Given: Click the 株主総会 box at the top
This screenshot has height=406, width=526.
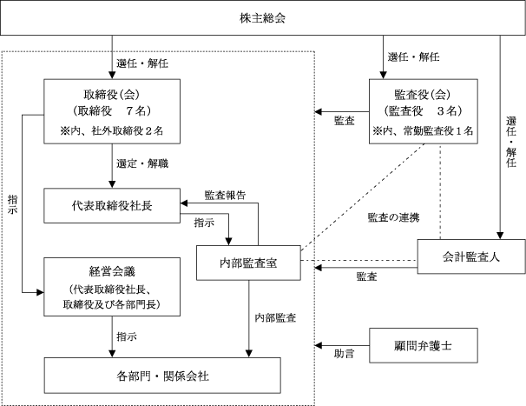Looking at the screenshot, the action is click(263, 17).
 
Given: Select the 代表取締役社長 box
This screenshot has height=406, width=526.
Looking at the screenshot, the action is click(112, 206).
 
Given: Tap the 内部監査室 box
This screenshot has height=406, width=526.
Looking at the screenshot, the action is click(248, 263).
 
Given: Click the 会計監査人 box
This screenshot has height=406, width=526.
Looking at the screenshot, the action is click(471, 256).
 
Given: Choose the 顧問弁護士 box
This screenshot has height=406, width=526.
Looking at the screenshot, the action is click(424, 345).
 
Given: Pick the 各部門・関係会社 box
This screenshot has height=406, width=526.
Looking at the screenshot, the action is click(162, 376).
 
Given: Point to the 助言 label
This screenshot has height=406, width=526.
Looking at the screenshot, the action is click(345, 354).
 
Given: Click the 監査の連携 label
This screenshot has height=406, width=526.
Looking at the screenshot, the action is click(393, 217).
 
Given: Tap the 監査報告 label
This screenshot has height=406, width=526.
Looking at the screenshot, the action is click(225, 196).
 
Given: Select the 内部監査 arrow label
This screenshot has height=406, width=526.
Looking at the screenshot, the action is click(275, 317).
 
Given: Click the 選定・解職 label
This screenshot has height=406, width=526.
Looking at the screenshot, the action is click(142, 163).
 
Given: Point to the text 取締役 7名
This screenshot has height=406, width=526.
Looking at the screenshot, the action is click(112, 110).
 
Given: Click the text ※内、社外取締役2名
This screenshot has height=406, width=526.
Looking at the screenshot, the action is click(112, 130).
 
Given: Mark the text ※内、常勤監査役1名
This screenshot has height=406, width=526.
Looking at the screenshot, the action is click(424, 130).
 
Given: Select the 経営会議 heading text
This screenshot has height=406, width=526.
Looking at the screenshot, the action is click(112, 271).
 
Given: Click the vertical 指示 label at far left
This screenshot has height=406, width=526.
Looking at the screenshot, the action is click(13, 204).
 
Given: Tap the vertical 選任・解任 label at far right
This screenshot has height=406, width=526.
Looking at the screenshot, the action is click(511, 142).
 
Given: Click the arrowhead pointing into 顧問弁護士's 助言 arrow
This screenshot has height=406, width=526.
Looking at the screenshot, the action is click(318, 345).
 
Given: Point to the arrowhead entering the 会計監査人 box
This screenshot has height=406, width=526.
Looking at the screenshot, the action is click(500, 236).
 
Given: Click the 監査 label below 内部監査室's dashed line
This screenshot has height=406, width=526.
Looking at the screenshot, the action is click(366, 276).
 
